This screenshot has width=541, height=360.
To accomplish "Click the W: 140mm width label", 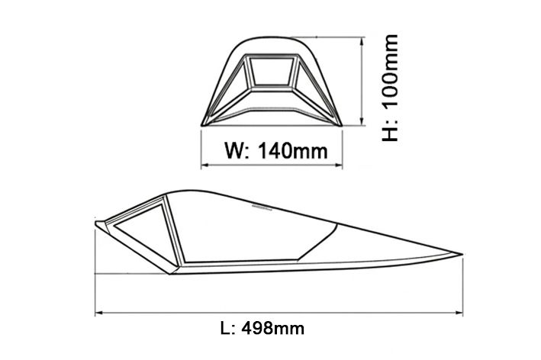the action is (x=275, y=150).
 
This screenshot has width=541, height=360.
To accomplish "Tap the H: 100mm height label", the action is (x=390, y=88).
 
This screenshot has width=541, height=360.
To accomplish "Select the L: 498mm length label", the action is (x=262, y=328).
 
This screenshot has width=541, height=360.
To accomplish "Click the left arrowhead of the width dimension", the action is (x=204, y=166).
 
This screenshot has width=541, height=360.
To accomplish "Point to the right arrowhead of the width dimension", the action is (x=339, y=166).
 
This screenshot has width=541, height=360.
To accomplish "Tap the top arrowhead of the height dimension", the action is (x=362, y=41).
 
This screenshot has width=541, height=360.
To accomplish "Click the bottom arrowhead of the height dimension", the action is (x=362, y=121).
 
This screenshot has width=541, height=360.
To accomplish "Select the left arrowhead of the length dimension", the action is (x=99, y=313).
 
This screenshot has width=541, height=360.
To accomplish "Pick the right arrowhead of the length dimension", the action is (x=459, y=313).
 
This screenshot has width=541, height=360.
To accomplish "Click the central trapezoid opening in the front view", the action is (x=271, y=72).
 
